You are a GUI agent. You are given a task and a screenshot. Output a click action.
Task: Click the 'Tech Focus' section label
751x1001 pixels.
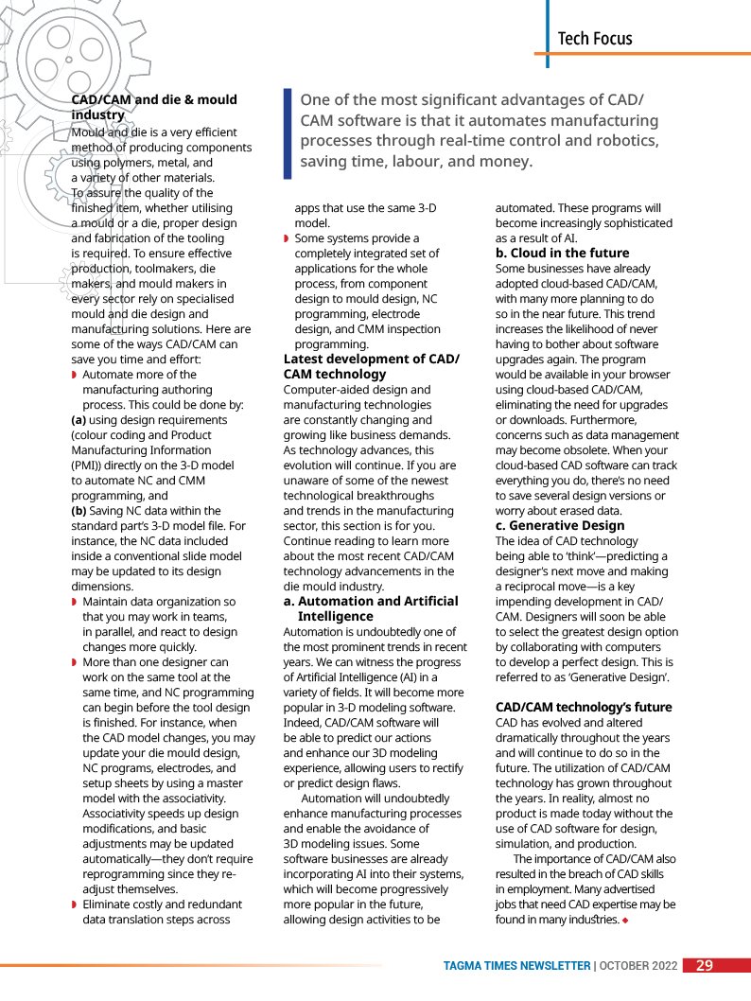point(594,39)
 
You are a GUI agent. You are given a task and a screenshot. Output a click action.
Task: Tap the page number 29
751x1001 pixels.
point(704,966)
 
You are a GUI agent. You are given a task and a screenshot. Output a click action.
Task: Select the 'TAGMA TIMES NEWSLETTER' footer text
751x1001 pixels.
point(516,966)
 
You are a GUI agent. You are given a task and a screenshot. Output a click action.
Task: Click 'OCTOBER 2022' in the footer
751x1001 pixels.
point(638,966)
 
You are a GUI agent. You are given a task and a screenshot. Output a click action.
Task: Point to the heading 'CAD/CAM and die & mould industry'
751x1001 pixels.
point(153,107)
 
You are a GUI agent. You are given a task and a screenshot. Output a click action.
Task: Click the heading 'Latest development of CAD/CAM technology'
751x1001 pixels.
point(371,366)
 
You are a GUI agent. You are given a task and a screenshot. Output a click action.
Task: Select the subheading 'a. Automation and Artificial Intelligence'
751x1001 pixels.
point(371,608)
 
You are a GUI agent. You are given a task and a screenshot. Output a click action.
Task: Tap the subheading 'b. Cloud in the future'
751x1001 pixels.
point(562,253)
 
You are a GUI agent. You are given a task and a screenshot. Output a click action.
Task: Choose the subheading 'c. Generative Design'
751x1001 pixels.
point(560,525)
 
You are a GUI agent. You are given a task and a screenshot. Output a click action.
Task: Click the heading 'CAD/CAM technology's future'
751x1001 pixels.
point(584,707)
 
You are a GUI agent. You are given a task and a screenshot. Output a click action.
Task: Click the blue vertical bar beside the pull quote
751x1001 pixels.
point(288,133)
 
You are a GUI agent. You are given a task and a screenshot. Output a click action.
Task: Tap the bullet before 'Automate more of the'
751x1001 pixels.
point(75,375)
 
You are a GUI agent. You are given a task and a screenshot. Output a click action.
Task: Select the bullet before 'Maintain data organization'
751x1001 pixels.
point(75,602)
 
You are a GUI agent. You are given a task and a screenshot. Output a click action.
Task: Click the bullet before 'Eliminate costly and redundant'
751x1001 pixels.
point(75,904)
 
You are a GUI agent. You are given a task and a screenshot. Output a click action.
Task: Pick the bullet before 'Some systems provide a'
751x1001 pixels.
point(287,238)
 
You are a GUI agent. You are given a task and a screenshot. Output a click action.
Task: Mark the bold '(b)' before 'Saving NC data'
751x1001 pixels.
point(80,511)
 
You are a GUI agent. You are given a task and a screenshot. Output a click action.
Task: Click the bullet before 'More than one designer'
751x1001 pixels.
point(75,662)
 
